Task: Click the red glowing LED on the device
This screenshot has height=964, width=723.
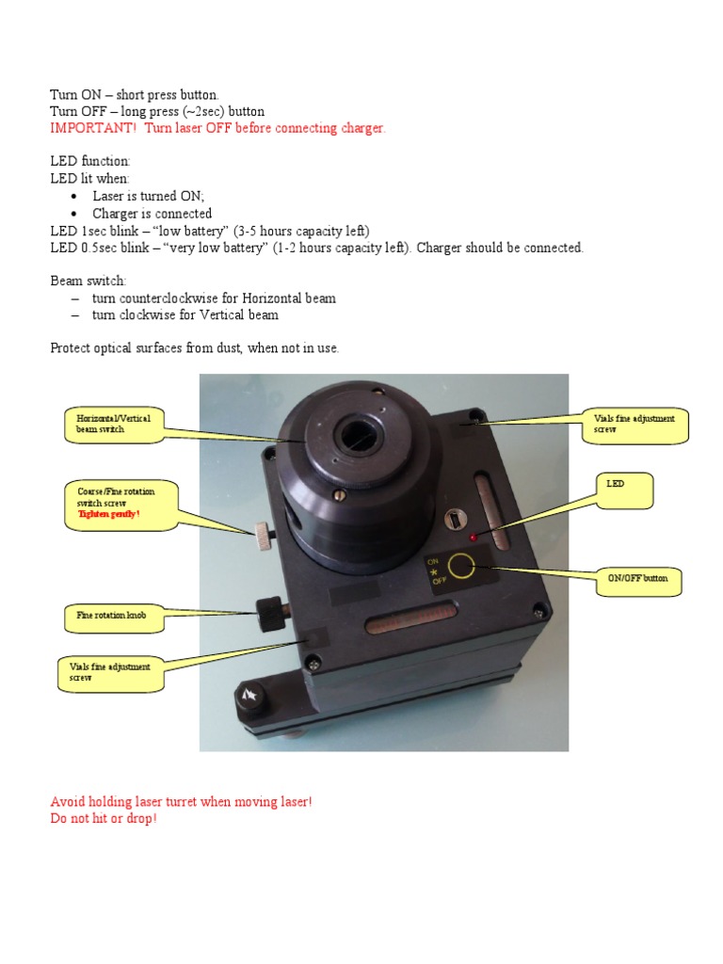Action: [x=474, y=537]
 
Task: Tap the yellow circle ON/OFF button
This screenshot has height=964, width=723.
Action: [x=460, y=565]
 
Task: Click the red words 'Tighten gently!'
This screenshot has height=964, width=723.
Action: [x=109, y=514]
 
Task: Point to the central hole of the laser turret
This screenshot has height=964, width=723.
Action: [x=359, y=434]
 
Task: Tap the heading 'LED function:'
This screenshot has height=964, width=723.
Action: [x=90, y=162]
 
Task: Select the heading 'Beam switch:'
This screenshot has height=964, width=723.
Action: [x=87, y=281]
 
